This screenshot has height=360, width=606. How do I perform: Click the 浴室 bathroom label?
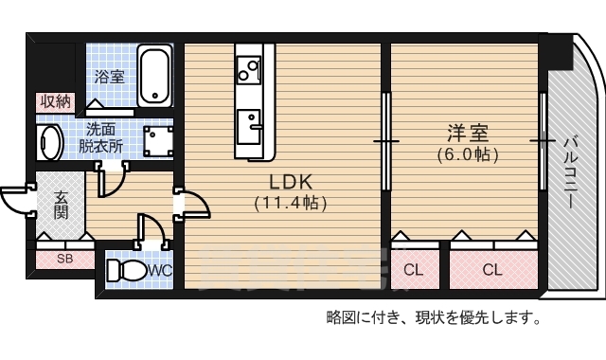coord(109,77)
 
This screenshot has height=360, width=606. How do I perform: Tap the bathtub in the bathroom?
coord(155,77)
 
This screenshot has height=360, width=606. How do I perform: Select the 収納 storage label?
coord(55,101)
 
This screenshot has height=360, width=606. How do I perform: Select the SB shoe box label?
coord(64,258)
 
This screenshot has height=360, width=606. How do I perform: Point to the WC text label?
coord(159,271)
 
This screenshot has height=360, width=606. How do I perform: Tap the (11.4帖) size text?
coord(291,202)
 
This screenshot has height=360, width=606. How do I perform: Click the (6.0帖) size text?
coord(467,153)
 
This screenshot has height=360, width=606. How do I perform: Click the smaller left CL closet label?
coord(414,270)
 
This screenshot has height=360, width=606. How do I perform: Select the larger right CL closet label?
coord(491,270)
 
